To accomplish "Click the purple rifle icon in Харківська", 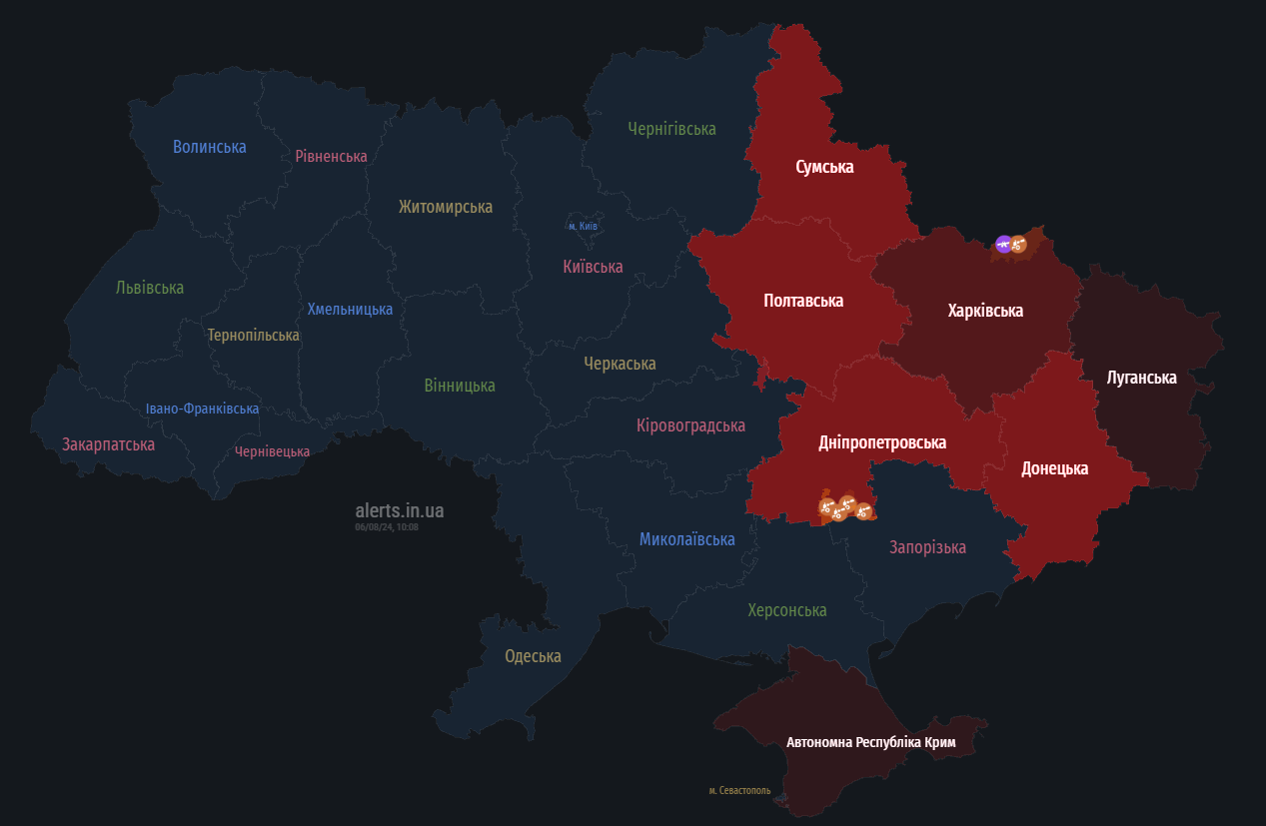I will [1003, 244].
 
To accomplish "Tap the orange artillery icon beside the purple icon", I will [1019, 244].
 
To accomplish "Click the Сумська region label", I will [824, 167].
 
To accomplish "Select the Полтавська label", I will [802, 301].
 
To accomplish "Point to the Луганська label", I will [1141, 378].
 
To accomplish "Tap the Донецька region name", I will [1054, 468].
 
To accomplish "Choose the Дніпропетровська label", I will [881, 442].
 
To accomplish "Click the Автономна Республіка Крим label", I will [870, 742].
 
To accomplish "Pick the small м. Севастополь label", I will [739, 790].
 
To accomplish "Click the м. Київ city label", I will [583, 227].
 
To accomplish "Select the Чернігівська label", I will [671, 129].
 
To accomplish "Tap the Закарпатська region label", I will [108, 444].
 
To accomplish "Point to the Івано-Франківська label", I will [202, 409].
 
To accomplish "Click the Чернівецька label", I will [272, 451].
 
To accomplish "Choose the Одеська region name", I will [533, 656].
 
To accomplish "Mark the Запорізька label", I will [927, 547].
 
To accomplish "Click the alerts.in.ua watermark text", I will [399, 511].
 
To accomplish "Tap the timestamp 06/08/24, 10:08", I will [387, 527].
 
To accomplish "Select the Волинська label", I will [209, 147].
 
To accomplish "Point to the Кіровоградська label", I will [690, 425].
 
